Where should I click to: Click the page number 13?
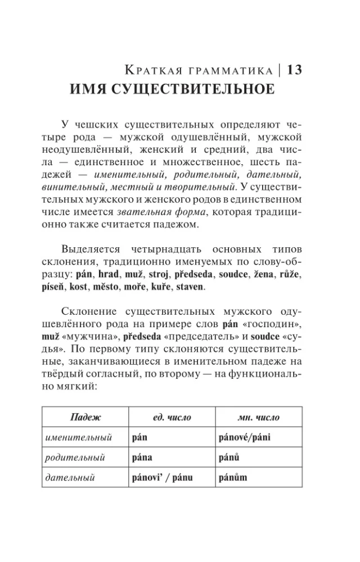[295, 70]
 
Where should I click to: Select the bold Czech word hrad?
[109, 275]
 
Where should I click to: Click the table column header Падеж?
[85, 418]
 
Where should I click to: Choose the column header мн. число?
[259, 418]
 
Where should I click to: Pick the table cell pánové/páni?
[244, 437]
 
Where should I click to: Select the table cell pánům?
[232, 478]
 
